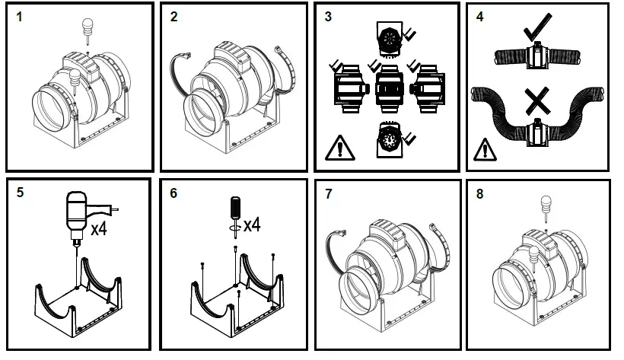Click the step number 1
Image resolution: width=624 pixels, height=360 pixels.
point(21,16)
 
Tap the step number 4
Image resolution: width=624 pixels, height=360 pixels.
point(480,16)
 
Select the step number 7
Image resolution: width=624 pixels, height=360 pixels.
point(328,193)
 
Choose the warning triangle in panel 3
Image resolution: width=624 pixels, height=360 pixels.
point(335,147)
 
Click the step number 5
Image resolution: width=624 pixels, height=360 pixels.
point(21,193)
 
